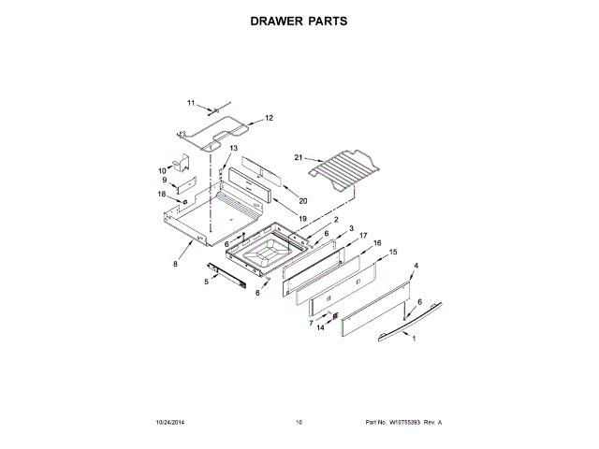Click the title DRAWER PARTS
(x=299, y=20)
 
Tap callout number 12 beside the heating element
(x=269, y=119)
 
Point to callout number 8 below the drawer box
(x=175, y=264)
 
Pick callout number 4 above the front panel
(x=416, y=267)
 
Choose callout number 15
(x=392, y=253)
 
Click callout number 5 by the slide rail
(x=207, y=281)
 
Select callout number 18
(x=162, y=195)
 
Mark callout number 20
(x=302, y=201)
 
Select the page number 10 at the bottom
(x=299, y=423)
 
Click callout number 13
(x=233, y=149)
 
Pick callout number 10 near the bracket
(x=162, y=169)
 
